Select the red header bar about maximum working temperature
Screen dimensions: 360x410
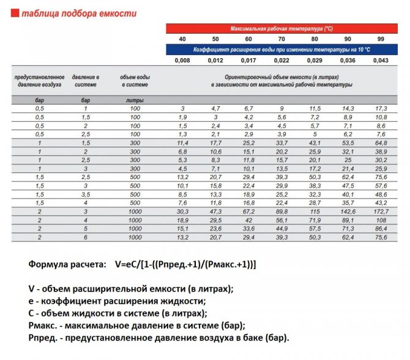tap(281, 29)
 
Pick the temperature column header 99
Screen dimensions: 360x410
tap(381, 39)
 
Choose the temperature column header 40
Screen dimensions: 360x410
tap(182, 39)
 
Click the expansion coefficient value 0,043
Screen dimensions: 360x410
tap(381, 60)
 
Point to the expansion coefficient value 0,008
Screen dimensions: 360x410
tap(182, 60)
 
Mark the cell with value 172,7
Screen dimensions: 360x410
tap(381, 211)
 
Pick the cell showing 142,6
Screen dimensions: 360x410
tap(348, 211)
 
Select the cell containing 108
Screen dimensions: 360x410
tap(381, 219)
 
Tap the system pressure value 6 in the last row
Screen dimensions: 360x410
tap(86, 237)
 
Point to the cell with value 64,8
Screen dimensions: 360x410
tap(381, 142)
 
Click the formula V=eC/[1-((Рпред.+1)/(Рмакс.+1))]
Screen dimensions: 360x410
tap(184, 264)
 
